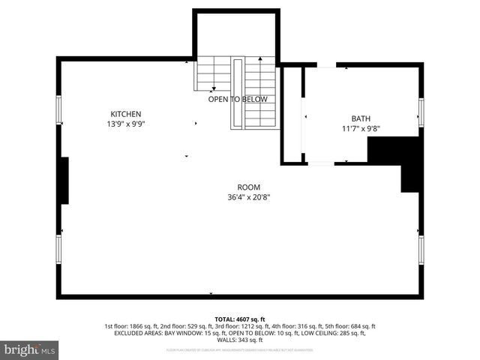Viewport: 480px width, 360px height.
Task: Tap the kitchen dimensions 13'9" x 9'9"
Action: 126,124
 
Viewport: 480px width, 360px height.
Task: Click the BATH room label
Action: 361,118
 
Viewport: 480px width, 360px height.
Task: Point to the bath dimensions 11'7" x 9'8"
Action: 361,128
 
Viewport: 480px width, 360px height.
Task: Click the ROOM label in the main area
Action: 248,187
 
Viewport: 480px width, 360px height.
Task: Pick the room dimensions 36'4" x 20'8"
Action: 248,197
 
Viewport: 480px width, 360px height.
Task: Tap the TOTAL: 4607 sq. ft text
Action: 240,319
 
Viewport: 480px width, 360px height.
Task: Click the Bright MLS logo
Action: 30,349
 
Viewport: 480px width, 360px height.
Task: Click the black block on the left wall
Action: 64,180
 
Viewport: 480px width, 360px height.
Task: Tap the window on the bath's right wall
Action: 421,112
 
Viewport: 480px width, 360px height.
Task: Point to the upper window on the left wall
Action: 59,113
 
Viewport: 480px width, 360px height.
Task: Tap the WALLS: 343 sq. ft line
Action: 240,340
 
